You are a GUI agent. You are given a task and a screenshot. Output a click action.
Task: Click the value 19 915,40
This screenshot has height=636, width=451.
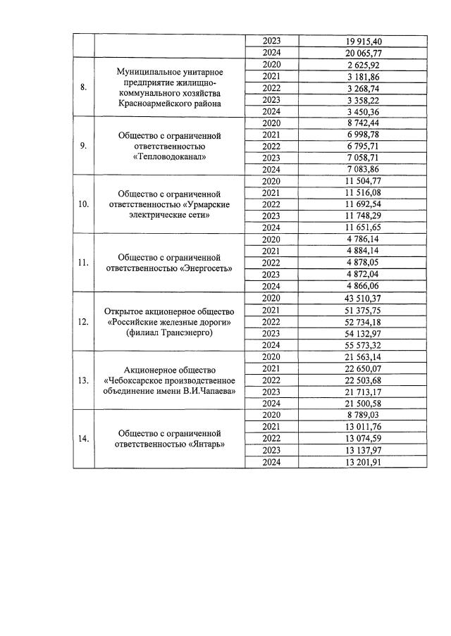coord(364,42)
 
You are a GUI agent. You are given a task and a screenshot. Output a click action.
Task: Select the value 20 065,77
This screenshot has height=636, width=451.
coord(364,53)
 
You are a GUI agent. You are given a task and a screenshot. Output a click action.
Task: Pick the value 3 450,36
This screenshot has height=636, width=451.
coord(364,111)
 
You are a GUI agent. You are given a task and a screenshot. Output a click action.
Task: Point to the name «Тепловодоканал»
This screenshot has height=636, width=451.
coord(170,156)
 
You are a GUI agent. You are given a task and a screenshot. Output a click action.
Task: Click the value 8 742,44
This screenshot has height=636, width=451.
coord(364,123)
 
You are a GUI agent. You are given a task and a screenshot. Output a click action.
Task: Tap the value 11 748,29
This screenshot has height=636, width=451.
coord(364,216)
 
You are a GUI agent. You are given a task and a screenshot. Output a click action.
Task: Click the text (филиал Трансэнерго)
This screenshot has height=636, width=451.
coord(169,332)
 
